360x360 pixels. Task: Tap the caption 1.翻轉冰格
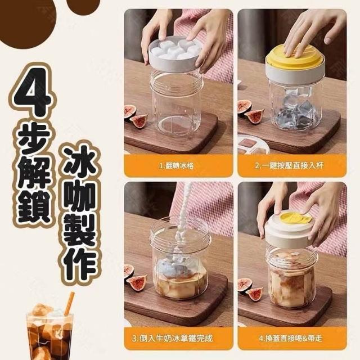(x=176, y=165)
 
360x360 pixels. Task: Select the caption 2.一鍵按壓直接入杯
(x=289, y=165)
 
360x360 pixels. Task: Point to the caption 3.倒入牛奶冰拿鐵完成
(x=173, y=338)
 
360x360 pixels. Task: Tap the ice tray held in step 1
(x=176, y=54)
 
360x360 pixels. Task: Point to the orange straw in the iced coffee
(x=69, y=304)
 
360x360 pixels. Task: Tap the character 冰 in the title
(x=79, y=161)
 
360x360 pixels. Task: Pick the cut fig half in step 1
(x=139, y=120)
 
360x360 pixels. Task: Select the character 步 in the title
(x=34, y=138)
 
